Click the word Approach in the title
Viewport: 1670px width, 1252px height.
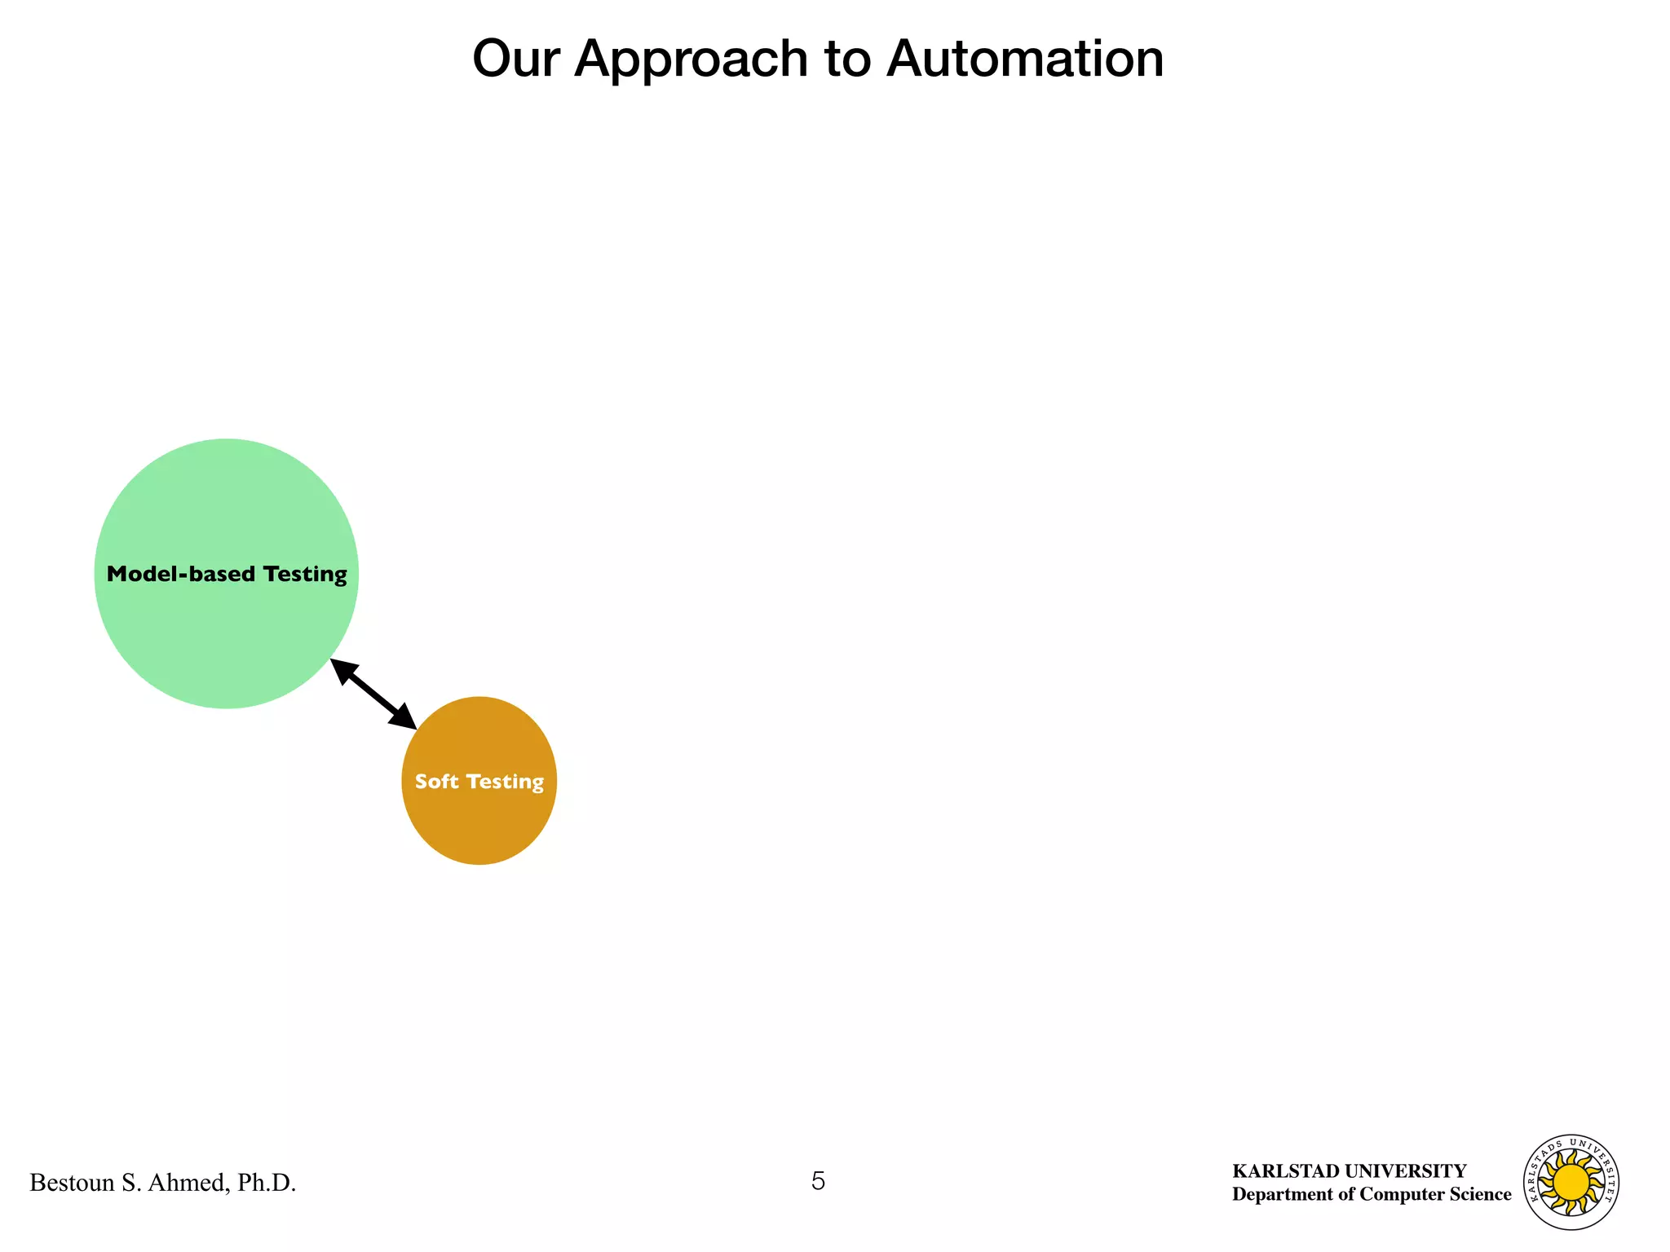690,60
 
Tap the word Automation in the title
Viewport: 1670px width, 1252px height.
1025,59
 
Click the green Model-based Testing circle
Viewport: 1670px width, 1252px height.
226,505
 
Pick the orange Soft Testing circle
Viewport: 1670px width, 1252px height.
479,823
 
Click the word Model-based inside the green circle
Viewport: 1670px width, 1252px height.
169,574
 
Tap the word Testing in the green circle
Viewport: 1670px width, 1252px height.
305,575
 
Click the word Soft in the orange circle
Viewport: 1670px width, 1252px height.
436,781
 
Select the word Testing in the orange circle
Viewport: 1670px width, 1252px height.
506,782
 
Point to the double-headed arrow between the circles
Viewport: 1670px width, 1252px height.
373,694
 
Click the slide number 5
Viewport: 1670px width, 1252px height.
818,1180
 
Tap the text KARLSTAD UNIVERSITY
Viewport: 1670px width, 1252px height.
1349,1171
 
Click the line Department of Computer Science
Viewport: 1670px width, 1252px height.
1371,1194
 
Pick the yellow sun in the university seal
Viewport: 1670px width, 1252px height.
1571,1181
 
